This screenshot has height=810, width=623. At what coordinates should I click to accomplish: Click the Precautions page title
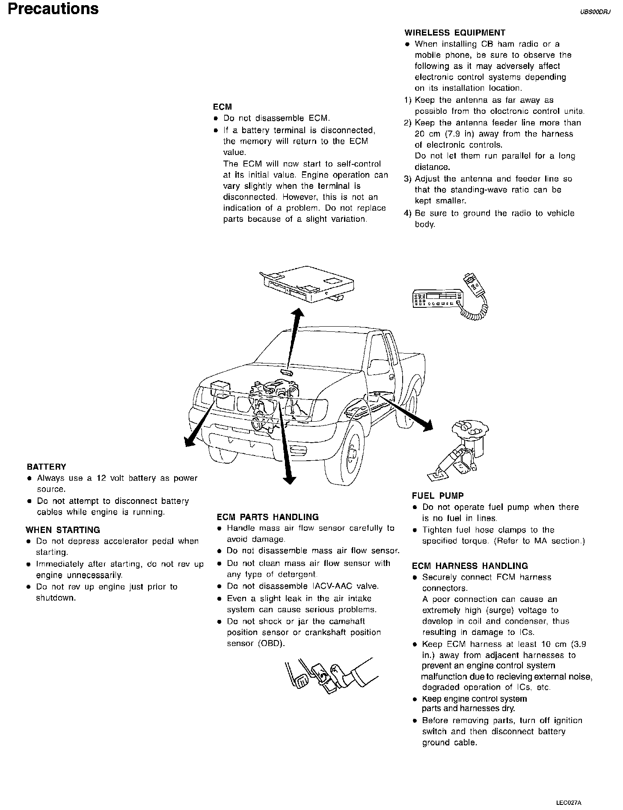click(53, 9)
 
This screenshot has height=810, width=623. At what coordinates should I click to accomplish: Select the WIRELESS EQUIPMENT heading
click(455, 33)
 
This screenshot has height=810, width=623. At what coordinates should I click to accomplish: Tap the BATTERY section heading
click(46, 467)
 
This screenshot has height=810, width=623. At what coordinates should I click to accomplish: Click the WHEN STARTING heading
click(63, 530)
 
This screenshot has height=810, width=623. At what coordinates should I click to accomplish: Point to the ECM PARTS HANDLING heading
click(267, 517)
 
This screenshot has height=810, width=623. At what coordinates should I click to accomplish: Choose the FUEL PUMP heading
click(438, 496)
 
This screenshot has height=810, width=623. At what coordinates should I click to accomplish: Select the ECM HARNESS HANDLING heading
click(470, 566)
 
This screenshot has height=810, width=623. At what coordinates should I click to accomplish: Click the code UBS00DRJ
click(595, 12)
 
